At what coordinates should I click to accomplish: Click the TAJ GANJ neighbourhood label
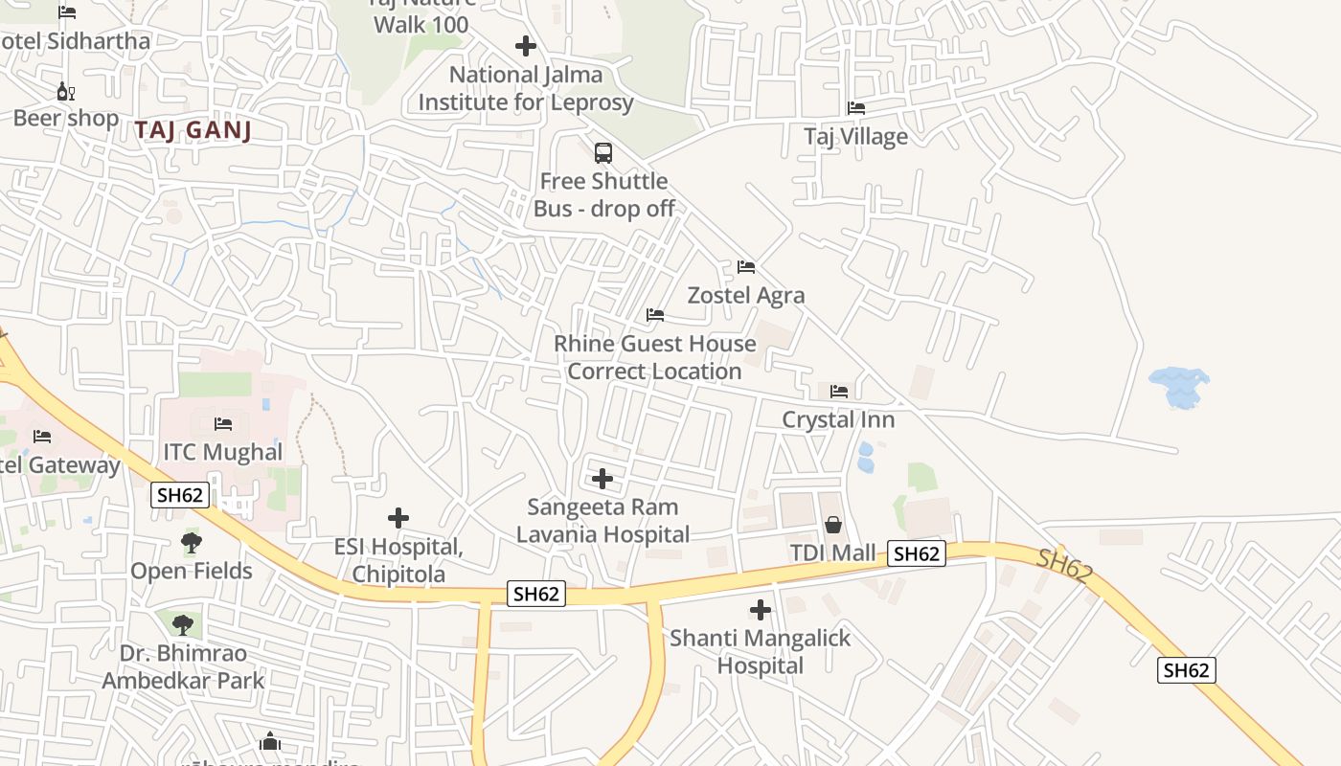point(193,130)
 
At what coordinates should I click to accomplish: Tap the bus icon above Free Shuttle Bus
point(603,152)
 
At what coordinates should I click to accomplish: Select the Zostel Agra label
point(746,295)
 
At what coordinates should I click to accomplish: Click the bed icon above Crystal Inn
point(839,391)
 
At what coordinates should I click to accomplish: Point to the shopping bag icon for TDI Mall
point(833,525)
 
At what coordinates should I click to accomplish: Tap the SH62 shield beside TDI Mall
point(917,553)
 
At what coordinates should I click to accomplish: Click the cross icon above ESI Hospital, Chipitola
point(398,518)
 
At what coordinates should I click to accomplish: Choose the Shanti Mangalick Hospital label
point(760,651)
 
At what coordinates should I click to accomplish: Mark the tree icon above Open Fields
point(192,543)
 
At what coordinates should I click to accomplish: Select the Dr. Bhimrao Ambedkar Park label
point(183,666)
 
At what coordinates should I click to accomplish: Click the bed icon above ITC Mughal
point(223,423)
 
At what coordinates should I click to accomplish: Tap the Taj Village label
point(855,136)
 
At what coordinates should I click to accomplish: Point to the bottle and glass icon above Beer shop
point(65,92)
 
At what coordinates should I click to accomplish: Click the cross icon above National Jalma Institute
point(525,45)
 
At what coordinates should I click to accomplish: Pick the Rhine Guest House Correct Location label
point(655,357)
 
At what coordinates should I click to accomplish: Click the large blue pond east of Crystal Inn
point(1179,386)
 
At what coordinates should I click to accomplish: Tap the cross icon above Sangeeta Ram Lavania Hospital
point(602,478)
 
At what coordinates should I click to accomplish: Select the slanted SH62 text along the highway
point(1064,565)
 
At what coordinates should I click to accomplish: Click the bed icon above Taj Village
point(856,108)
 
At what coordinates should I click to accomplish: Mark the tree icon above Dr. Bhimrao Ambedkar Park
point(183,625)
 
